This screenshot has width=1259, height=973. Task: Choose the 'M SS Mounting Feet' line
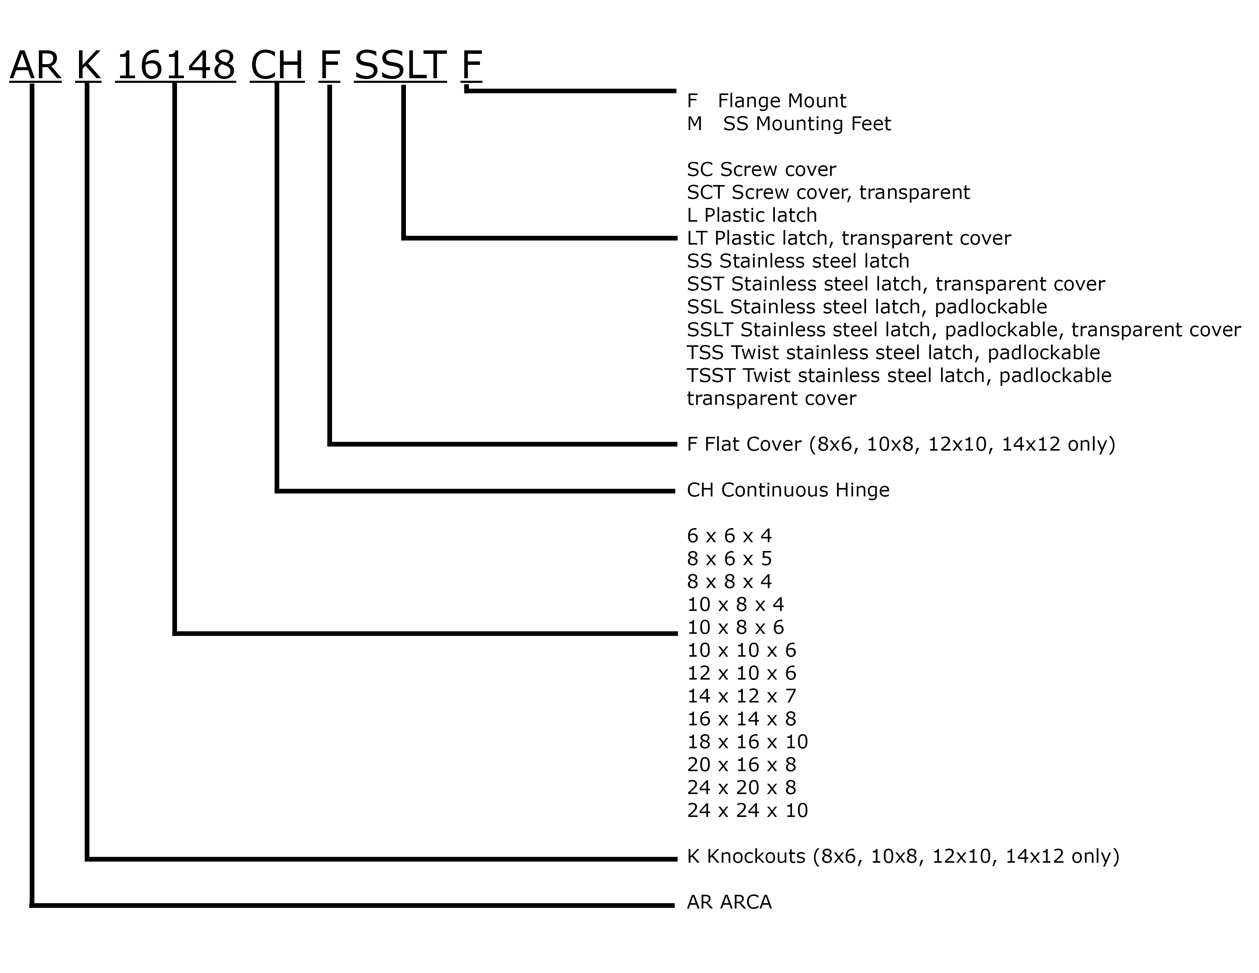[x=789, y=124]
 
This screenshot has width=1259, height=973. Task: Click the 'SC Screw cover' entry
[x=762, y=169]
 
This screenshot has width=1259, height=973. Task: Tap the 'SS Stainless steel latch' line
[x=798, y=261]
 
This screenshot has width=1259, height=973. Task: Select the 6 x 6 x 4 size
[x=729, y=536]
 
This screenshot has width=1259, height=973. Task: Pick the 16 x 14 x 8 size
[x=741, y=719]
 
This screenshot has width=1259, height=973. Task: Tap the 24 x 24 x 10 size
[x=747, y=810]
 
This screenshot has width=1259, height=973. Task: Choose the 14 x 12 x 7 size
[x=741, y=696]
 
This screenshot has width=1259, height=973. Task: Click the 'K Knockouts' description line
[x=903, y=857]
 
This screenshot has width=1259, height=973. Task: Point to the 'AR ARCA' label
[x=729, y=902]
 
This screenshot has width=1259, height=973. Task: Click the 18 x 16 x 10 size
[x=747, y=742]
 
